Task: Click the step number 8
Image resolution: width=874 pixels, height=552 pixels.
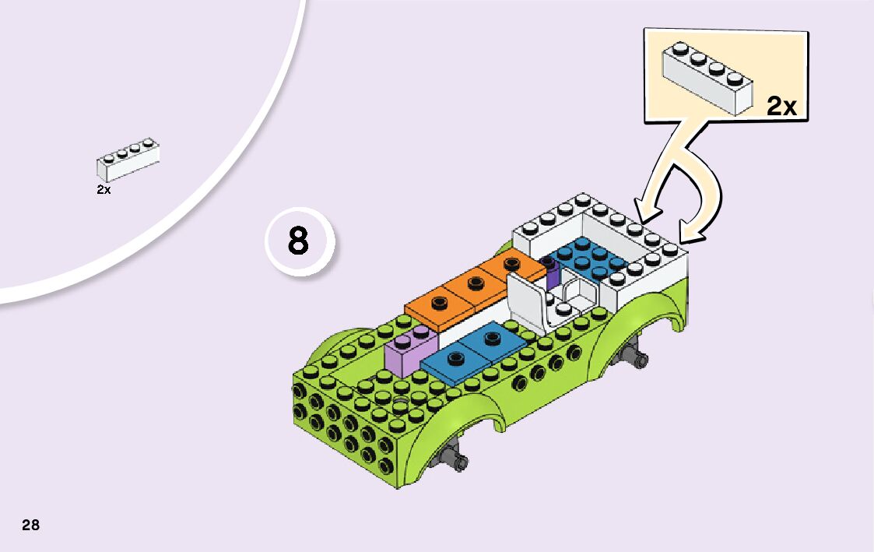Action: [x=298, y=242]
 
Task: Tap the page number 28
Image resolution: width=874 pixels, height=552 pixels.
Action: [x=30, y=525]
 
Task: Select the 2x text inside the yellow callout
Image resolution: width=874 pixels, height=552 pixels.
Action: [x=781, y=106]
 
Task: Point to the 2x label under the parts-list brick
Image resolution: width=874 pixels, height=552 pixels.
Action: [x=104, y=189]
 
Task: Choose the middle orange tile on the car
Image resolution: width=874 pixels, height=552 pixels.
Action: [x=471, y=286]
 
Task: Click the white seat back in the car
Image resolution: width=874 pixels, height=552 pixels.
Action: [x=525, y=300]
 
